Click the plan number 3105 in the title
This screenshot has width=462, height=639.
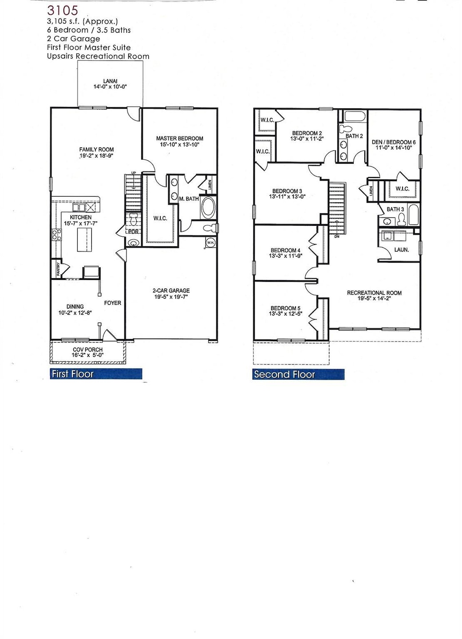click(x=63, y=10)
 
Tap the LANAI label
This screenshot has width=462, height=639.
click(x=110, y=81)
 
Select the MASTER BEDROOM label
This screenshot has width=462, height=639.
click(x=180, y=138)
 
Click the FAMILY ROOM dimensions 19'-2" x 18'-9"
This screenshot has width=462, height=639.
click(x=97, y=156)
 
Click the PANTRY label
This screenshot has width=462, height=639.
click(x=58, y=269)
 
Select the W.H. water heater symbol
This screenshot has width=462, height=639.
click(x=210, y=242)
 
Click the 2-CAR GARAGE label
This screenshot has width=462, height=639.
click(x=171, y=291)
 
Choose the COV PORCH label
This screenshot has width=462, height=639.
click(x=88, y=350)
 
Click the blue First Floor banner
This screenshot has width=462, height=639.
click(x=96, y=374)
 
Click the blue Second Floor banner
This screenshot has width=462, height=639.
click(x=298, y=375)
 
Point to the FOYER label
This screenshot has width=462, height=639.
click(x=113, y=303)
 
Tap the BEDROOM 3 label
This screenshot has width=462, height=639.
click(x=287, y=191)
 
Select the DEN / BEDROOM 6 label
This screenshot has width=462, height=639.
click(x=394, y=142)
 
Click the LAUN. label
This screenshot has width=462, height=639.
click(x=402, y=250)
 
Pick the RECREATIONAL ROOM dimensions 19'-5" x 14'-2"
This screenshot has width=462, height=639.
click(x=374, y=299)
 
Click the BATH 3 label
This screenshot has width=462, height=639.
click(x=395, y=209)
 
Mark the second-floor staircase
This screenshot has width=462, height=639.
click(x=337, y=207)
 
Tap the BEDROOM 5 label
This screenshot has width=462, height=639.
click(x=285, y=308)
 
